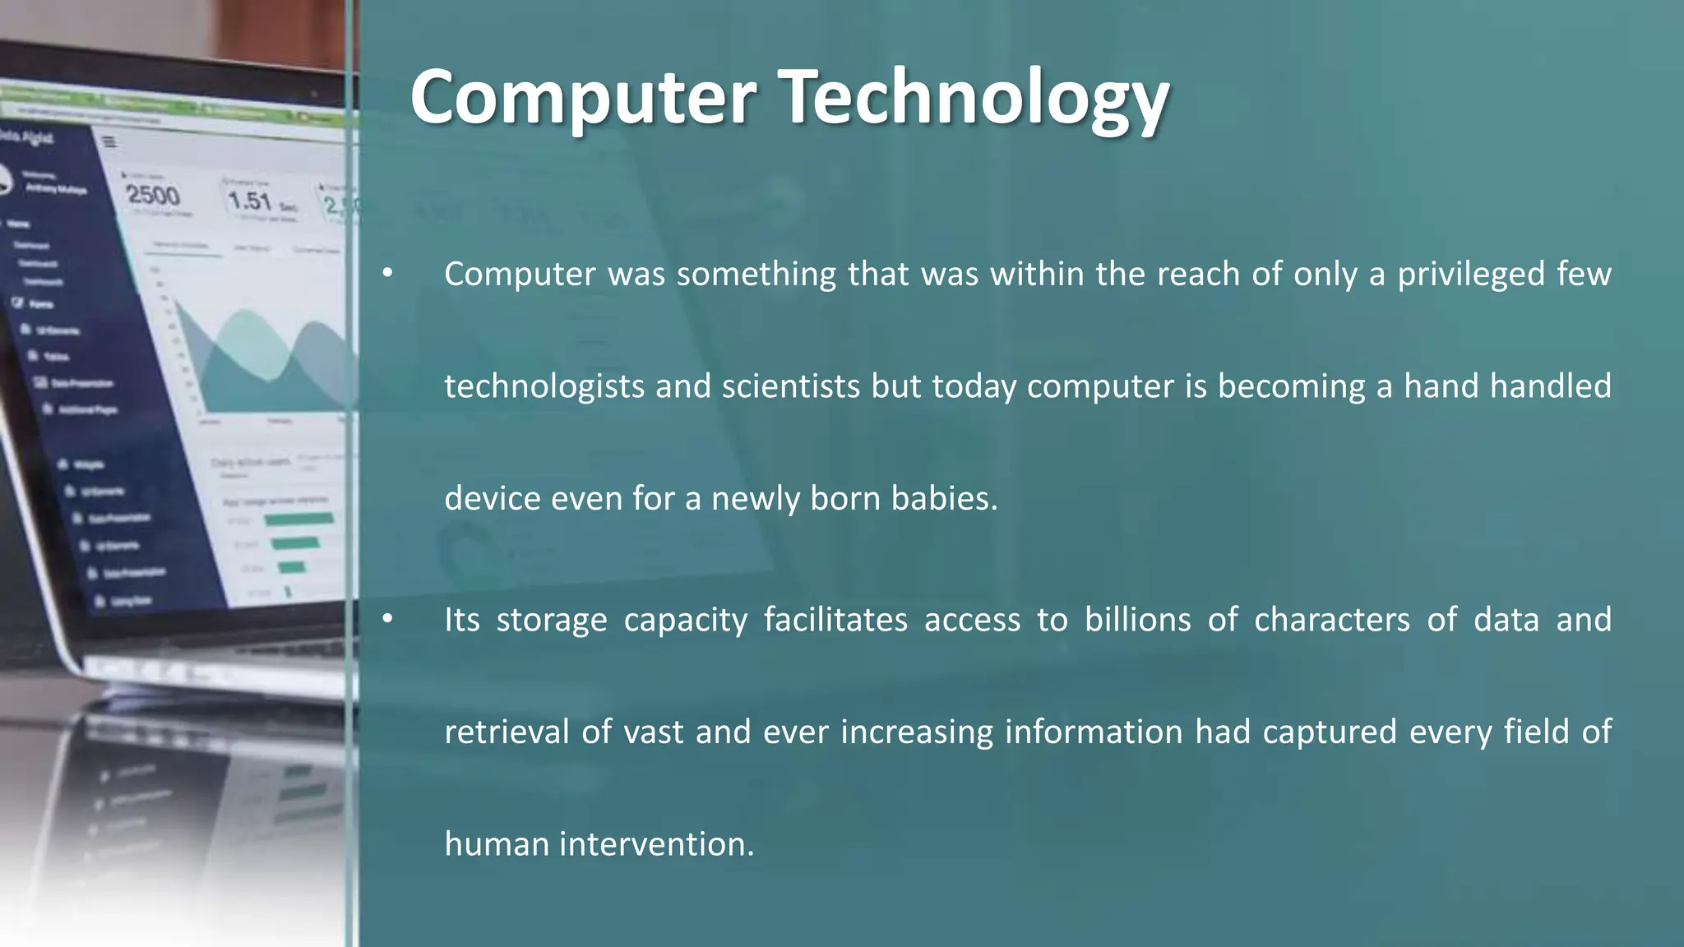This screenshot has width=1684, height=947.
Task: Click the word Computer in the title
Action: [583, 97]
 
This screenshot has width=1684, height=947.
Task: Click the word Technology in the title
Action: [973, 99]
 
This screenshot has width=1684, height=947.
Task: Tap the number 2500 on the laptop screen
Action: [152, 195]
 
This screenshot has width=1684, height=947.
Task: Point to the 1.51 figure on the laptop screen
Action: [250, 201]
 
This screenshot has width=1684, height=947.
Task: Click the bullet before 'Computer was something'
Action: [387, 274]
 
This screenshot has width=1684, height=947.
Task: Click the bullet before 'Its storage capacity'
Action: [387, 620]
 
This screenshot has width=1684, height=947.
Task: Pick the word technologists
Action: [544, 386]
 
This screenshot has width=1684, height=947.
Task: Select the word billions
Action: [1137, 620]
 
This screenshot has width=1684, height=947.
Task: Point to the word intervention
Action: [656, 844]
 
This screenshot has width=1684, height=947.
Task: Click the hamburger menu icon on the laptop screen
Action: [109, 142]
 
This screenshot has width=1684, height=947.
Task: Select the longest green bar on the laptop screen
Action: [298, 519]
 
